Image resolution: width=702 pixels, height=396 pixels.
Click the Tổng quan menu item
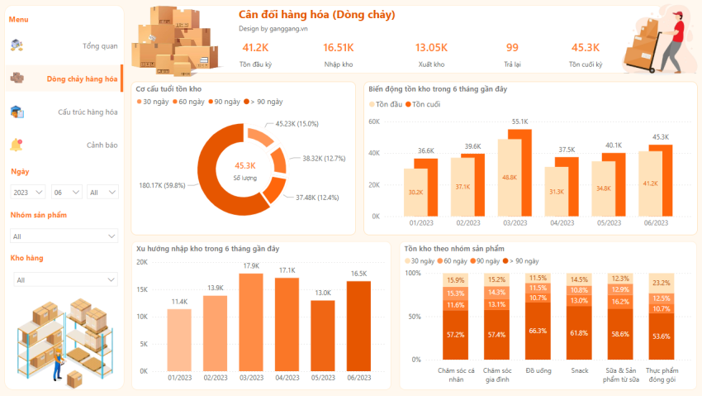click(99, 45)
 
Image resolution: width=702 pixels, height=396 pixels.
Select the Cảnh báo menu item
click(102, 145)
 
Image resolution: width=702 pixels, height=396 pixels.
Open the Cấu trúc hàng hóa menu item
click(88, 112)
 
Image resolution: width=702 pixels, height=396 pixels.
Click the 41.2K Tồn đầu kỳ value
click(255, 48)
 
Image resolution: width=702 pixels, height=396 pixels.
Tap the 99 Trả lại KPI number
click(512, 48)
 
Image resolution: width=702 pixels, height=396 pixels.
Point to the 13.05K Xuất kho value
click(431, 48)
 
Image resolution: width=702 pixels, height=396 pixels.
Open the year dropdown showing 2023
click(28, 192)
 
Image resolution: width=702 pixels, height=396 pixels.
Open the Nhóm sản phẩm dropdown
click(64, 236)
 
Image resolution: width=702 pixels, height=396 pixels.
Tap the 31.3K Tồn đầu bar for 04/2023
click(556, 191)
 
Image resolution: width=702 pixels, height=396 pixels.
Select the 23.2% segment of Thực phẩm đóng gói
click(661, 283)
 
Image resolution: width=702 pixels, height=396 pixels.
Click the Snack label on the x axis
click(579, 370)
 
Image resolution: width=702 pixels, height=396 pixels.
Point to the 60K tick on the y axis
click(373, 122)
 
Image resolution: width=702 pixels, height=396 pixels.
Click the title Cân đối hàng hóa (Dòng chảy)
click(316, 14)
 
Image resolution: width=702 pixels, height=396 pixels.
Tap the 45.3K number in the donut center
click(245, 165)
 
